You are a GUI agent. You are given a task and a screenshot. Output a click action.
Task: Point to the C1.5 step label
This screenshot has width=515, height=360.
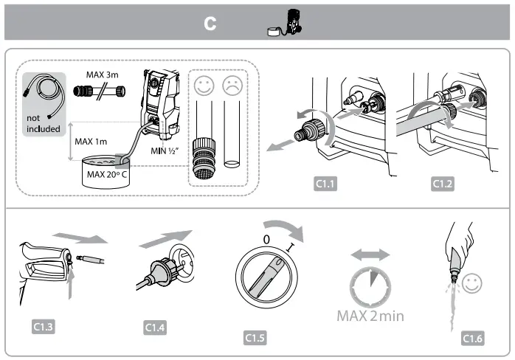(254, 338)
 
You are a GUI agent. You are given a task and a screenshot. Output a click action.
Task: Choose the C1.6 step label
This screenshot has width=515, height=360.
(472, 338)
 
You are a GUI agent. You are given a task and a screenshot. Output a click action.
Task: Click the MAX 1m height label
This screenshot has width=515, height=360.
(91, 140)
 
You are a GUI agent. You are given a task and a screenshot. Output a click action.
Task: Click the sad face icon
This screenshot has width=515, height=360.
(233, 86)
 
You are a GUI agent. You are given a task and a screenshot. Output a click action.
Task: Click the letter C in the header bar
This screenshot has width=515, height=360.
(210, 24)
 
